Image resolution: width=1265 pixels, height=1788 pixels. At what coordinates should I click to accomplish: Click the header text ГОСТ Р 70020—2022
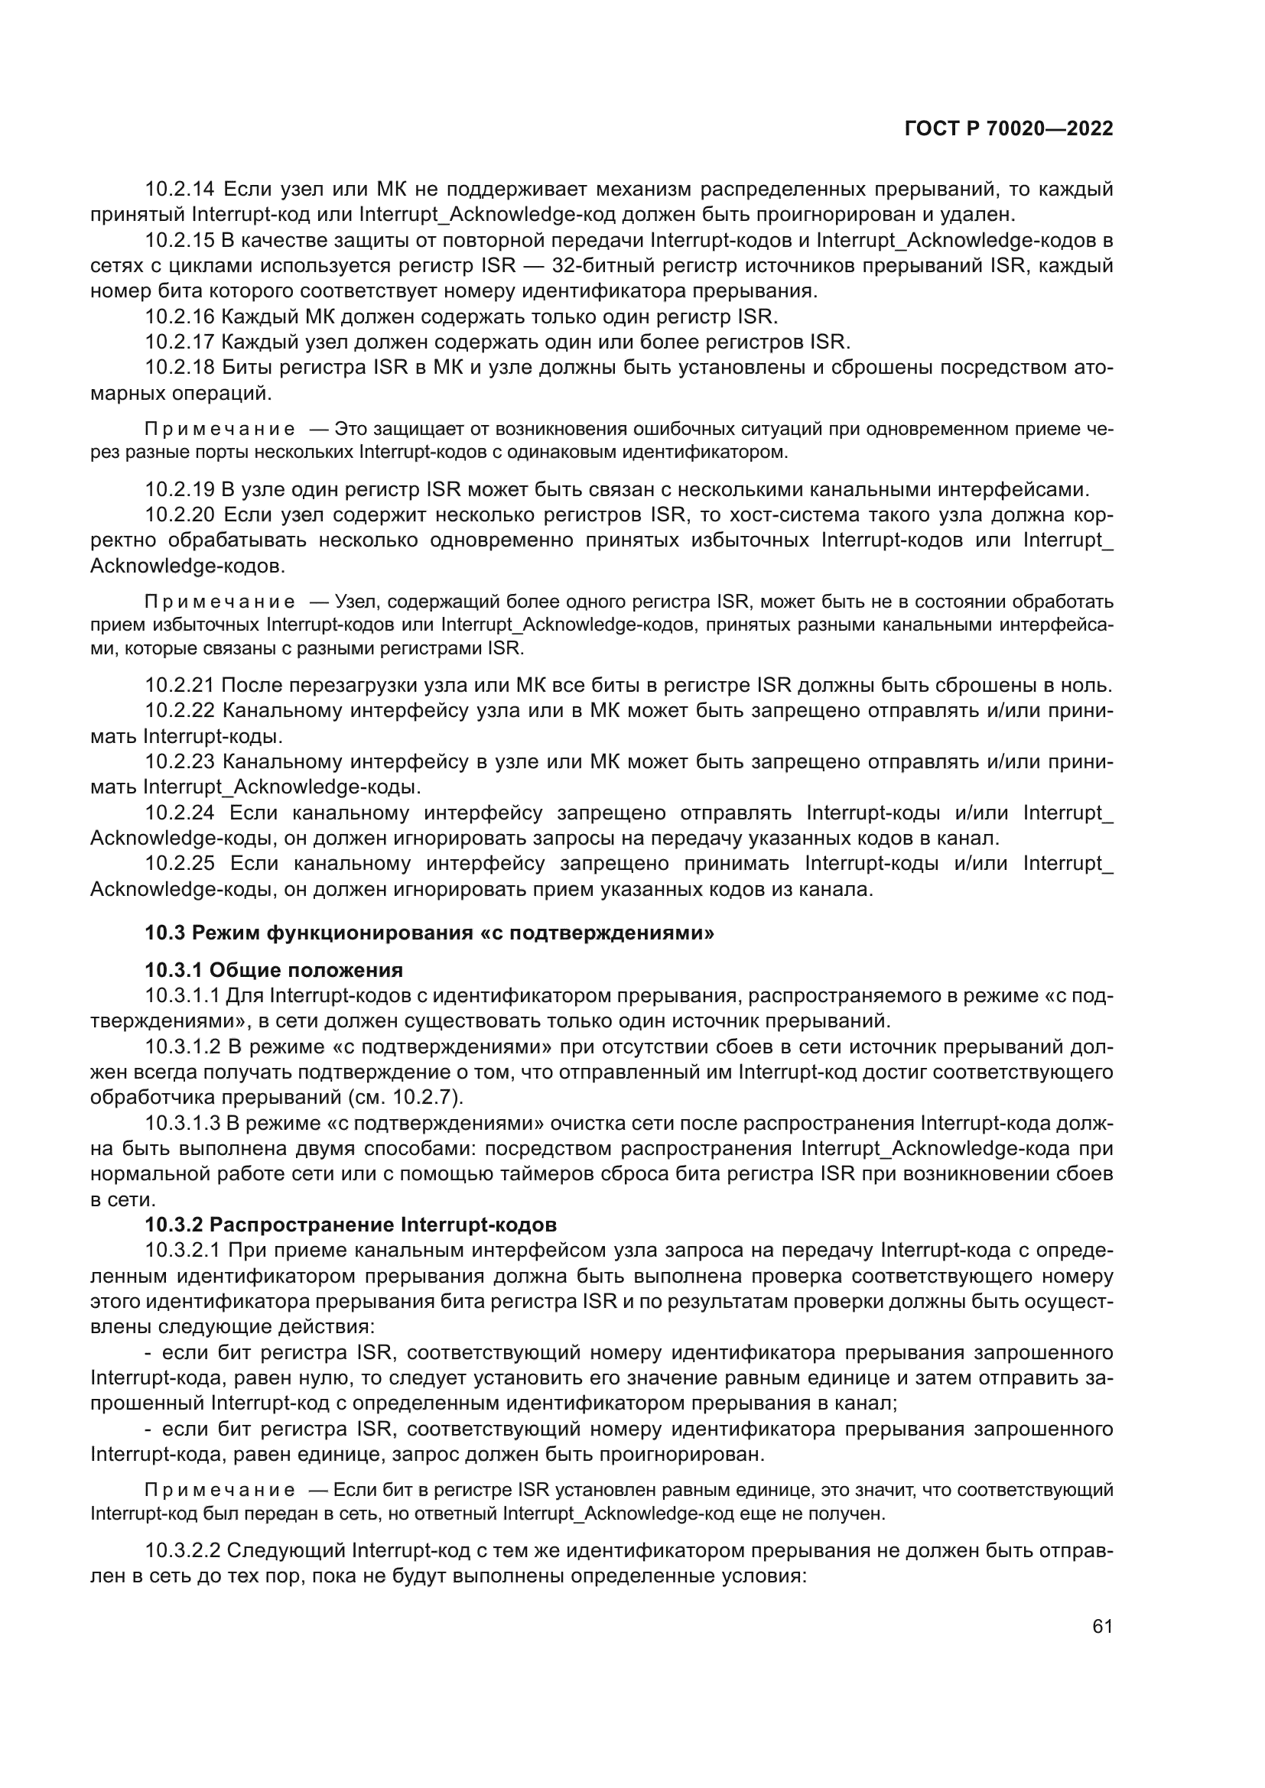pyautogui.click(x=1008, y=129)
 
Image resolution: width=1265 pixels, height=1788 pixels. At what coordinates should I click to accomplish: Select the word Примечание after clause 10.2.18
pyautogui.click(x=220, y=429)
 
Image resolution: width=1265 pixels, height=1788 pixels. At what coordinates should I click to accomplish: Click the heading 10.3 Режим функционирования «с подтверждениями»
pyautogui.click(x=429, y=932)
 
